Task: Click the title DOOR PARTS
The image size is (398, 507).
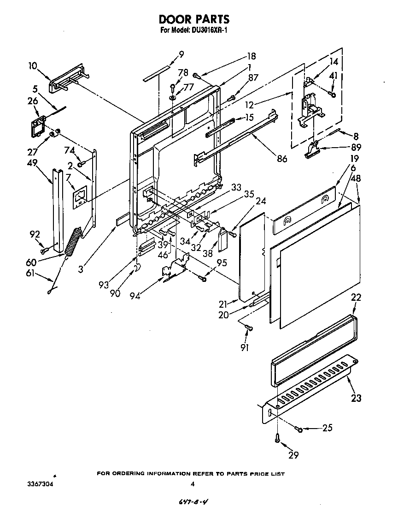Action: coord(194,19)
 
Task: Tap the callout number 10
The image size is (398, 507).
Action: coord(33,66)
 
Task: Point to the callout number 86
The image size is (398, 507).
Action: coord(282,159)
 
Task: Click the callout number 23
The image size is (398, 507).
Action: coord(356,399)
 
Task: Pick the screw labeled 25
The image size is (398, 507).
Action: coord(299,430)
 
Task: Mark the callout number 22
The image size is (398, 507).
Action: coord(356,298)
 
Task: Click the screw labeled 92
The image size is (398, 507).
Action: coord(44,251)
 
